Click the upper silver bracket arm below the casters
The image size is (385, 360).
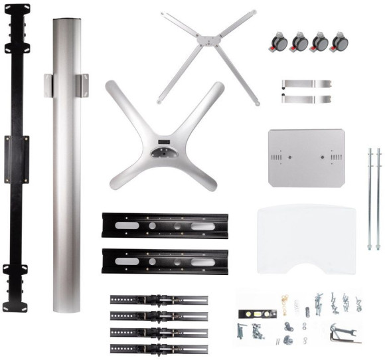click(306, 84)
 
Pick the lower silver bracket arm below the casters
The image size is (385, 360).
click(306, 98)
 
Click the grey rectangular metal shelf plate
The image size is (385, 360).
click(306, 157)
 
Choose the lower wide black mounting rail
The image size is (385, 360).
click(165, 260)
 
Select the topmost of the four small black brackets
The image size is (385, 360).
click(159, 300)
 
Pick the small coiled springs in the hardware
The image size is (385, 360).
click(297, 306)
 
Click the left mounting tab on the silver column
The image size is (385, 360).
click(48, 85)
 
